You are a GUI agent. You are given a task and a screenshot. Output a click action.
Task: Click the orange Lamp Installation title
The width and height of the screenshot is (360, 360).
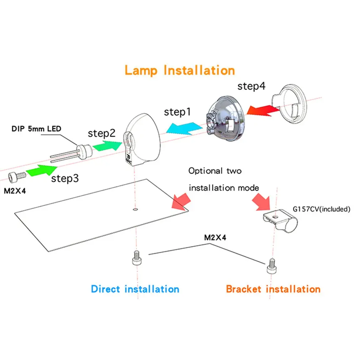pos(180,70)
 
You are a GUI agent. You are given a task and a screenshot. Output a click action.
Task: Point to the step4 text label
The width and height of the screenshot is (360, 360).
pos(251,86)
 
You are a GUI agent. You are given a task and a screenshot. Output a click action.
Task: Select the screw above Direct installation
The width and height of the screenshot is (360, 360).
pos(137,258)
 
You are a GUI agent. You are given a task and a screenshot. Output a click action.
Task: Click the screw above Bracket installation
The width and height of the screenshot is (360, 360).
pos(271,266)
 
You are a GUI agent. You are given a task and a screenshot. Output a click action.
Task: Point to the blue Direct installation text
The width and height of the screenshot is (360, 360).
pos(135,289)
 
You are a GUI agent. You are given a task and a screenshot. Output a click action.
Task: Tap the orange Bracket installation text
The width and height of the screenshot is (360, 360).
pos(273,289)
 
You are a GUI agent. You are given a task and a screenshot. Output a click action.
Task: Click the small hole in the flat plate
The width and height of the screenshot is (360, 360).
pos(135,210)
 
